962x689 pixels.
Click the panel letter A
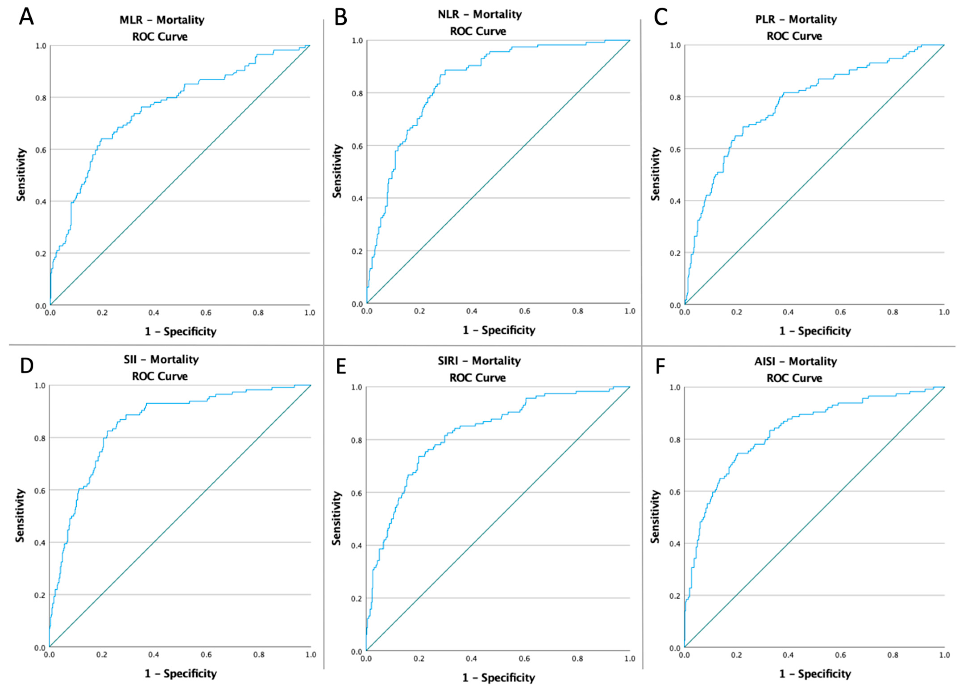(26, 18)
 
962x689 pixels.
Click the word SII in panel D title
(130, 360)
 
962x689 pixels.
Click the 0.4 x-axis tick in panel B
(472, 311)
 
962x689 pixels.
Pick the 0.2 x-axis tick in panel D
(102, 655)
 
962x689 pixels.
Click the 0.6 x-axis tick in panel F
(840, 655)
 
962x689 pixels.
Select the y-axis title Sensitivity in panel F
(655, 516)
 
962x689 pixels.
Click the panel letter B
(341, 18)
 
